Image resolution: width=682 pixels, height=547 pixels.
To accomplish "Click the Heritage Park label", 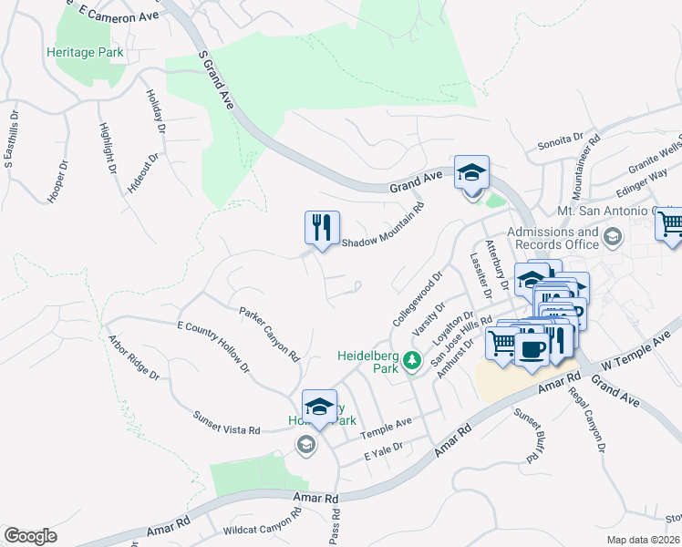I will coord(85,53).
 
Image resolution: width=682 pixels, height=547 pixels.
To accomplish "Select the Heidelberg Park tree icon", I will coord(411,362).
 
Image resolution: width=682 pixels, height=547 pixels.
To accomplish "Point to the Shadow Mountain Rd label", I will coord(383,225).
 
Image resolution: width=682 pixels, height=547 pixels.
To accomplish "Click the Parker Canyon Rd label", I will coord(270,335).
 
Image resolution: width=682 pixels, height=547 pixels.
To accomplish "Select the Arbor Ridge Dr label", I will coord(133,358).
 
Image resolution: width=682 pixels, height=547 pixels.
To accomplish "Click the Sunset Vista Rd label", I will coord(226,422).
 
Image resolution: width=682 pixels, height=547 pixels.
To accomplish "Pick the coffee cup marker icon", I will coord(532,346).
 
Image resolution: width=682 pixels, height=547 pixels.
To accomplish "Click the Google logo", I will coord(30,535).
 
